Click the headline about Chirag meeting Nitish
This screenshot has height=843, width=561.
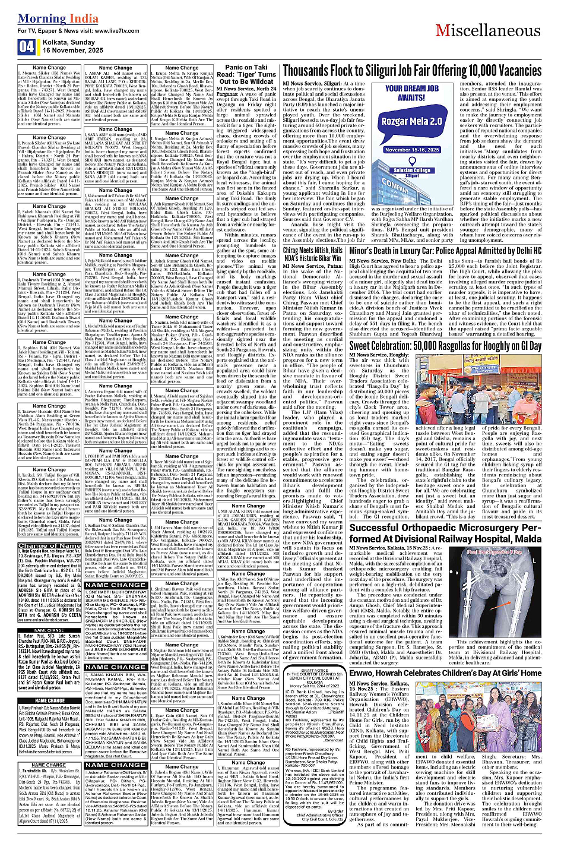(312, 254)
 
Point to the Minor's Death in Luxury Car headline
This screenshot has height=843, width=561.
(445, 251)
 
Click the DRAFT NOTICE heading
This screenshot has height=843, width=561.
(315, 670)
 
